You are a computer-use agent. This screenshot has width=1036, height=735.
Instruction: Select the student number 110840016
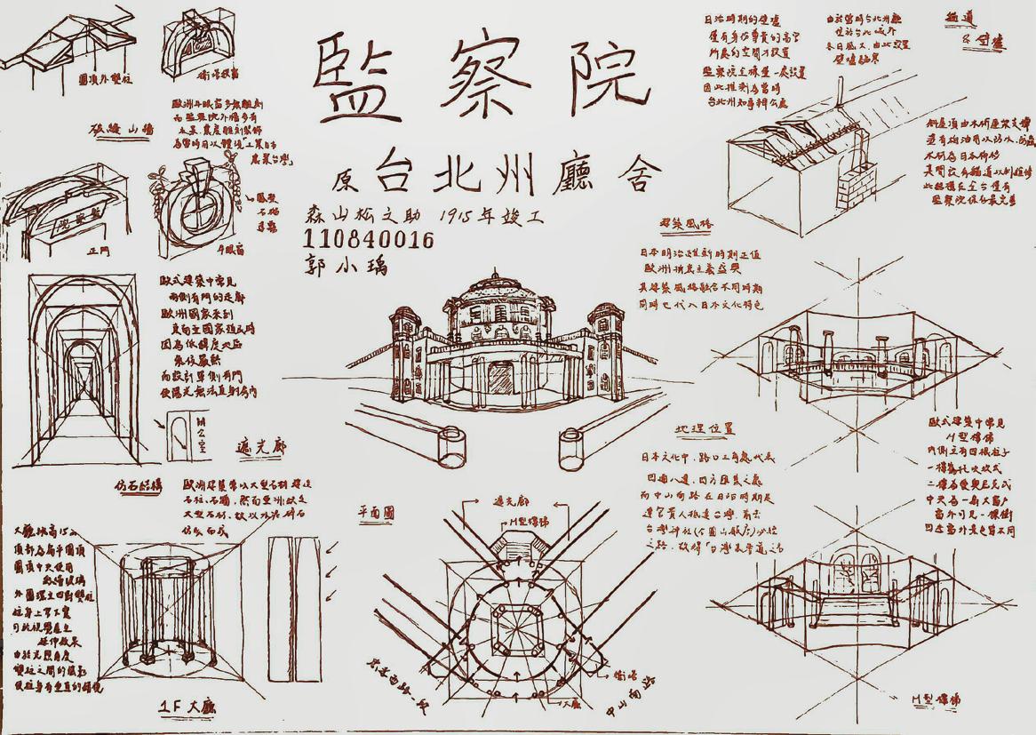368,240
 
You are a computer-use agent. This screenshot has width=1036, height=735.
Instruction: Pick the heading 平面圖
377,513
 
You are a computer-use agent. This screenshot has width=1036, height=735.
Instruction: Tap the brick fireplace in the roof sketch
855,187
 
